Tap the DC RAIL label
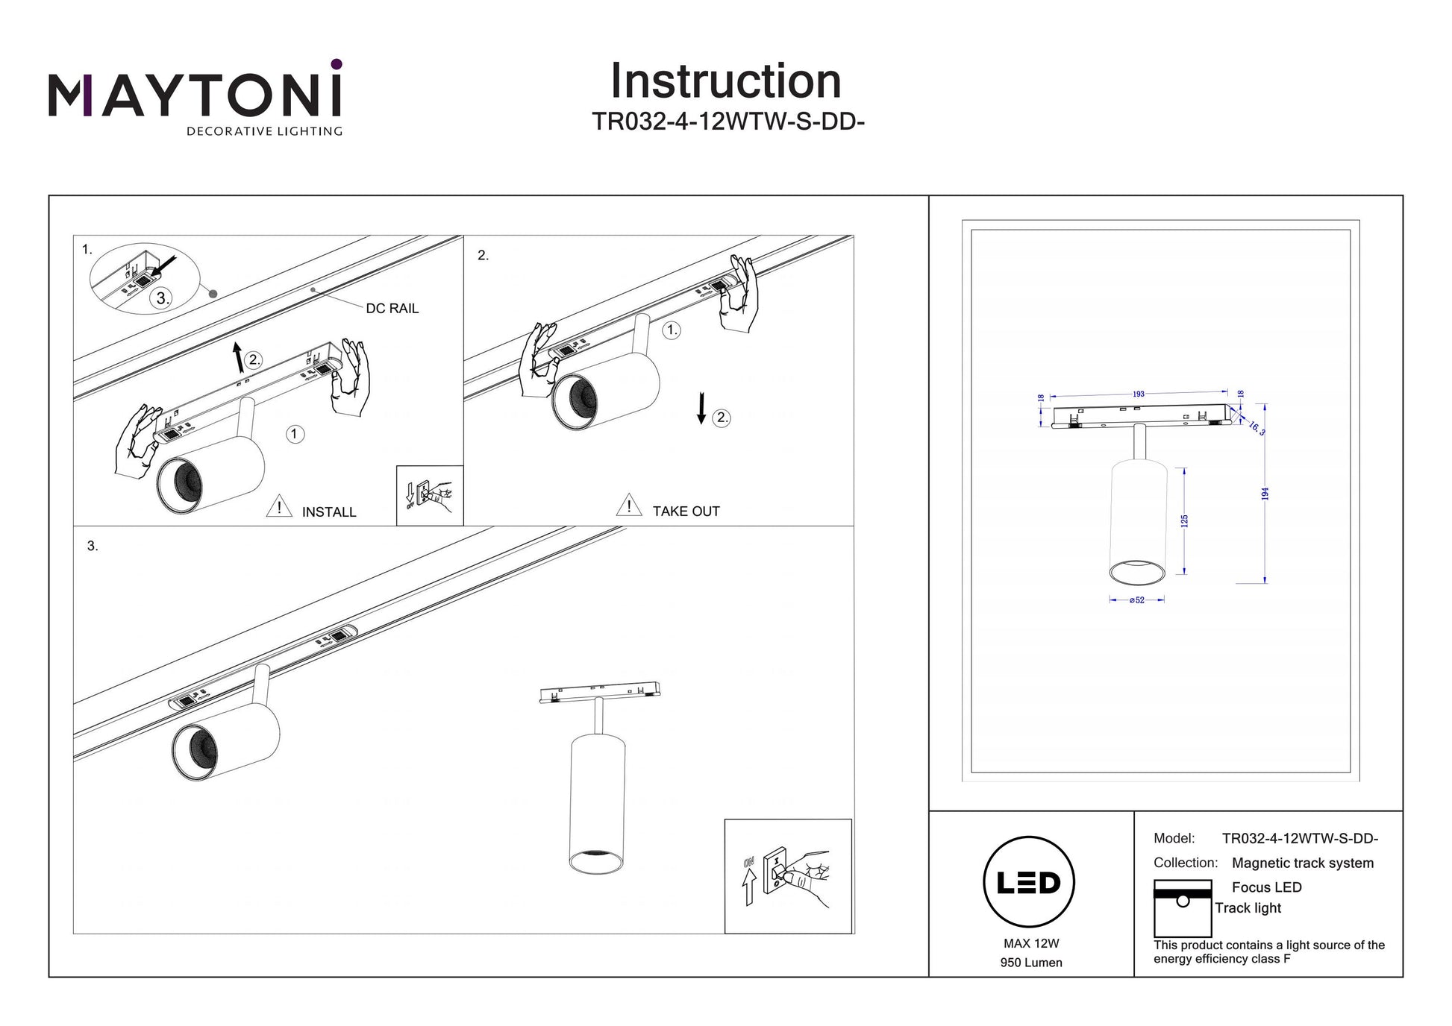click(392, 308)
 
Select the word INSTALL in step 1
click(329, 512)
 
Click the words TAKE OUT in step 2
click(686, 512)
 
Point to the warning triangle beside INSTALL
click(279, 506)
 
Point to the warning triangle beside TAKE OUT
click(629, 506)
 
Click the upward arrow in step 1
click(238, 357)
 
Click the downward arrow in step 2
click(701, 409)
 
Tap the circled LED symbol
click(1029, 882)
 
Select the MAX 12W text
click(1031, 943)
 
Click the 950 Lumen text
click(1031, 963)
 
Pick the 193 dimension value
click(1138, 394)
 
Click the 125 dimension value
click(1184, 520)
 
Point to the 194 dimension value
click(1265, 494)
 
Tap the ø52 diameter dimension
click(1136, 600)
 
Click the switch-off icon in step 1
click(430, 495)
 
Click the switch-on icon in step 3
click(787, 876)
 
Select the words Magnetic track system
click(1302, 863)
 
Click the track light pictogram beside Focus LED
click(1182, 908)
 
